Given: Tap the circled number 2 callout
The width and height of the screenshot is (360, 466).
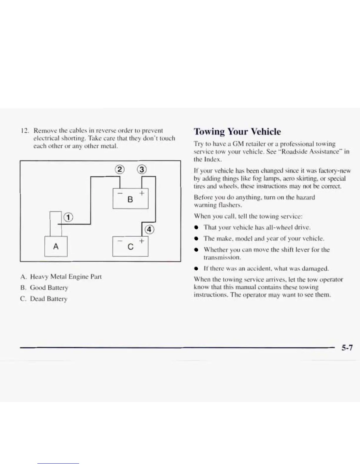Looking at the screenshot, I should click(x=119, y=170).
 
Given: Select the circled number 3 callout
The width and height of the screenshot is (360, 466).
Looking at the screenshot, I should click(x=142, y=170).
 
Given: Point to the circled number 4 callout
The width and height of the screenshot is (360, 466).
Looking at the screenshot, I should click(x=149, y=229).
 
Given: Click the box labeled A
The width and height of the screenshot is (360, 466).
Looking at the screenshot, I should click(x=56, y=246).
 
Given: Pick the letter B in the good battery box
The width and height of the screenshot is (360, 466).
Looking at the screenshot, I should click(x=130, y=200).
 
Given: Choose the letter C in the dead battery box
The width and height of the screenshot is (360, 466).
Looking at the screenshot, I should click(x=131, y=247).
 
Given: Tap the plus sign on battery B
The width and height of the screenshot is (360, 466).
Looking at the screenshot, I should click(x=142, y=193).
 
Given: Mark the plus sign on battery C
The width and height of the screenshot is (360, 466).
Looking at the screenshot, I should click(x=142, y=241).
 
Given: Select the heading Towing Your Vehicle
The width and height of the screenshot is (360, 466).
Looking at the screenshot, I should click(x=237, y=132).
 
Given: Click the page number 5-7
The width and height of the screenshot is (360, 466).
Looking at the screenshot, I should click(x=347, y=348).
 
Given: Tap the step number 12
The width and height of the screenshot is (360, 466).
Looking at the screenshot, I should click(x=25, y=131).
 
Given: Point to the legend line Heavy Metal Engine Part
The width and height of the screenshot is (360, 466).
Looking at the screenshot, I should click(x=66, y=277).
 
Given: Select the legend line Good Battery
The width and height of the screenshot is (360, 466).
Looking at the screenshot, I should click(x=49, y=288).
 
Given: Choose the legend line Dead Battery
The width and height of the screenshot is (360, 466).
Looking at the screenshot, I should click(x=49, y=299).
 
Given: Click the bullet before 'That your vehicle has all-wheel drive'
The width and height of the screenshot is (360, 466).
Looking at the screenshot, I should click(x=196, y=227).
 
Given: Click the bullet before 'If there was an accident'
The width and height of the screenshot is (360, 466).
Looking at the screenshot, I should click(x=196, y=269).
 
